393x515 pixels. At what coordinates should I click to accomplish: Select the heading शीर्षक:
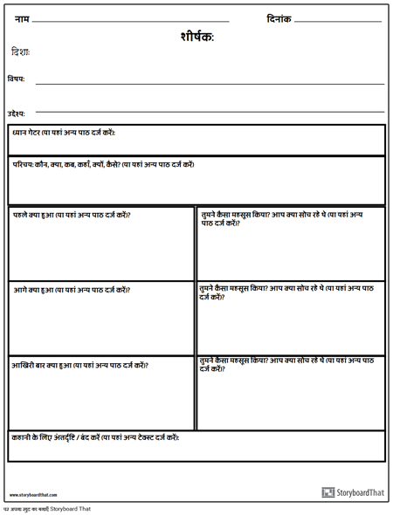(x=196, y=37)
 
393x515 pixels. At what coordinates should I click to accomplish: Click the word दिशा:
(x=21, y=52)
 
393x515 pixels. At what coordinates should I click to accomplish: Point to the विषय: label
(x=16, y=79)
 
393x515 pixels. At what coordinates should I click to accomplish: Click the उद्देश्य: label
(x=17, y=113)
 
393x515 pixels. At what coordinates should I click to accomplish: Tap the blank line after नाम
(x=130, y=21)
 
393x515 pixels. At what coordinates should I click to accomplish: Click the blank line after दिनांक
(x=338, y=21)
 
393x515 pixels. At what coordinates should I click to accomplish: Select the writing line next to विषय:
(x=210, y=84)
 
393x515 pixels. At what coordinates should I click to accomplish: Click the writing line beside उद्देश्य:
(x=210, y=112)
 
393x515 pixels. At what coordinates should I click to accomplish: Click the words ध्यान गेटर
(x=32, y=133)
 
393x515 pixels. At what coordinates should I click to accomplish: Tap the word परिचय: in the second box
(x=27, y=164)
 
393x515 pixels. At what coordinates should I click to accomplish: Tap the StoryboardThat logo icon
(x=328, y=492)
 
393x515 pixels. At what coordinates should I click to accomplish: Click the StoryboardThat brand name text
(x=361, y=492)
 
